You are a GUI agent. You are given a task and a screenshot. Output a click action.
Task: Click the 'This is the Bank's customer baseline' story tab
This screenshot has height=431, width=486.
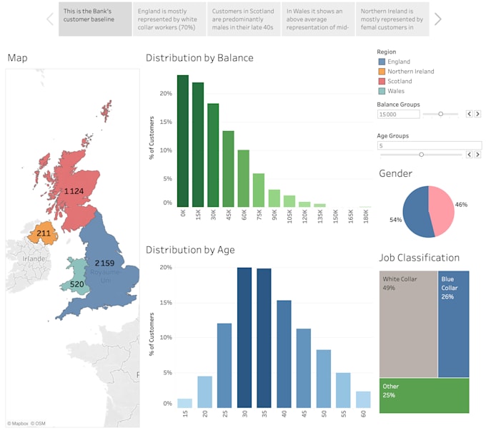(x=95, y=19)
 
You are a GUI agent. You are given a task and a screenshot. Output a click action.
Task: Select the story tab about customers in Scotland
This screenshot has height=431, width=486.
(x=244, y=19)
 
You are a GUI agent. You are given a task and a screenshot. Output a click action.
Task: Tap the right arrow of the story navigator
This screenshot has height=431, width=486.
(x=437, y=19)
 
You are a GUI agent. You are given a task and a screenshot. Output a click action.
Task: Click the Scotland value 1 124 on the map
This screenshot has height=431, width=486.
(x=74, y=191)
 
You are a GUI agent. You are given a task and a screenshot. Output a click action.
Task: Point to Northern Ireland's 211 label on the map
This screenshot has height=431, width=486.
(x=44, y=233)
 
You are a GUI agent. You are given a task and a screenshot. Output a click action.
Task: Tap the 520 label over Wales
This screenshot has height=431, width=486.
(x=76, y=284)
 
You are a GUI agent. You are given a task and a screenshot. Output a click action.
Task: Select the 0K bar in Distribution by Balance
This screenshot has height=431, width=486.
(x=183, y=140)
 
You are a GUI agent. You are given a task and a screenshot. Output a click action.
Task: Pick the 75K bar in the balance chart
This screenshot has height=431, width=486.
(x=258, y=190)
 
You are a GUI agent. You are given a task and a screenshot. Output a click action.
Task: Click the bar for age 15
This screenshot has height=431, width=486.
(x=184, y=402)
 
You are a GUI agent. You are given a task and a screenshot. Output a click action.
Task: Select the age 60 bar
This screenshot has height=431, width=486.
(x=362, y=397)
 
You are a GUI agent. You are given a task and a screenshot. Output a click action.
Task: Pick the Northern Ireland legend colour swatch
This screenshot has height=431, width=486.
(x=381, y=72)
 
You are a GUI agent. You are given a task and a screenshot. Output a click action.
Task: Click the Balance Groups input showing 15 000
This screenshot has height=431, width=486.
(x=397, y=114)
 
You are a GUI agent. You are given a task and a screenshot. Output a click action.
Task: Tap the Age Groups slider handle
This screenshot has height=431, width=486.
(x=421, y=154)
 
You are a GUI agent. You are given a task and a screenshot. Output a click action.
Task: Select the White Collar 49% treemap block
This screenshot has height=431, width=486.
(x=407, y=322)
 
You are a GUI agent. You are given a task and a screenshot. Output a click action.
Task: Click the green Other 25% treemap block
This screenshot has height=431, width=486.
(x=424, y=396)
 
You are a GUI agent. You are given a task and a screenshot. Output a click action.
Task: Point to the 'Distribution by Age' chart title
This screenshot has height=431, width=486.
(x=190, y=250)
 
